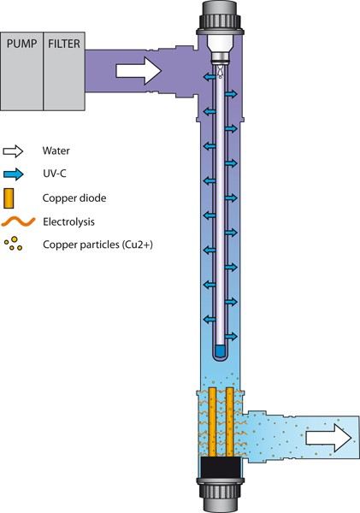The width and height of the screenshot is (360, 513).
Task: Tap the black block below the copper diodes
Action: click(x=221, y=468)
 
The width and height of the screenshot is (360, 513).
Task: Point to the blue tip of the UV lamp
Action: click(x=221, y=351)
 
